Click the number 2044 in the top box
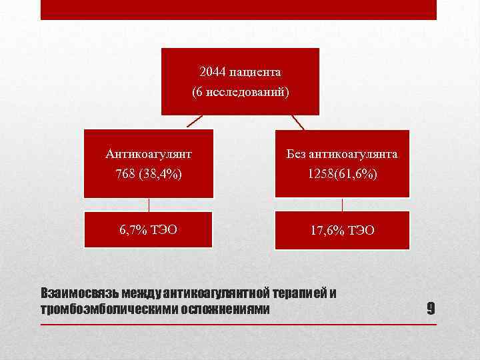coord(211,71)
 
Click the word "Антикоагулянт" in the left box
coord(149,154)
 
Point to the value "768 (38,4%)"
coord(149,174)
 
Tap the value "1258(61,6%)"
coord(342,174)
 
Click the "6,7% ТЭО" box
coord(148,230)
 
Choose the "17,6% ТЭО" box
coord(342,230)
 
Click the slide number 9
coord(431,309)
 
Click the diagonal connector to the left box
coord(194,121)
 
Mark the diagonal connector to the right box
coord(297,122)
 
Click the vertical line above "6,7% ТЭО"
coord(149,205)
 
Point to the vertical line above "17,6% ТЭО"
coord(342,205)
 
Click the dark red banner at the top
coord(239,9)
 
